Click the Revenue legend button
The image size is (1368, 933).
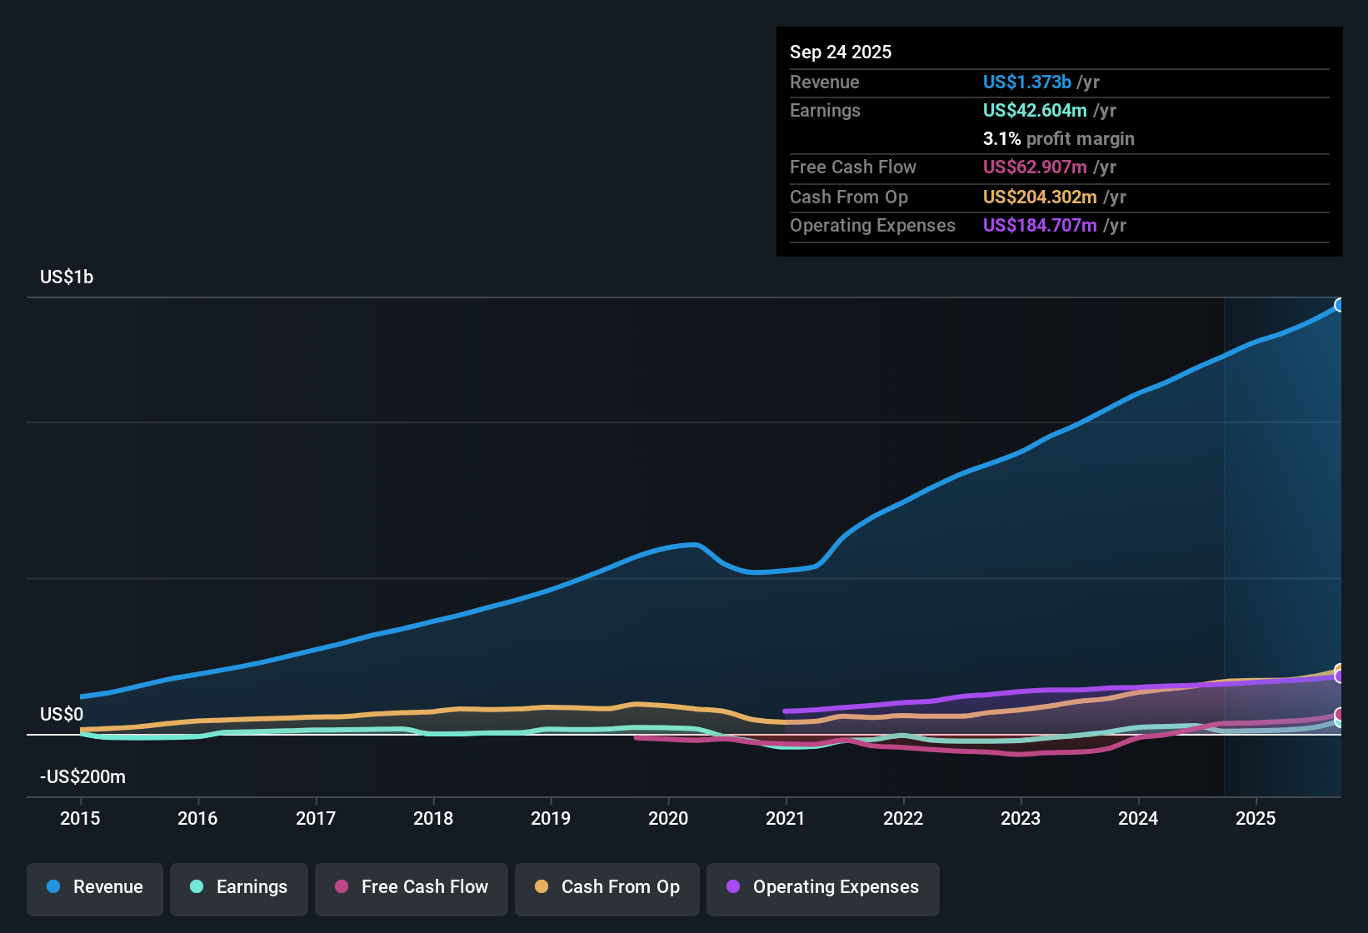coord(95,887)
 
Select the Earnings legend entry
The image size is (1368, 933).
coord(239,887)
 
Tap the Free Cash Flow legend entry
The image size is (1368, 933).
coord(412,887)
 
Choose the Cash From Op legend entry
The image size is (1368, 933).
coord(607,887)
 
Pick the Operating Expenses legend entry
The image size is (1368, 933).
coord(823,887)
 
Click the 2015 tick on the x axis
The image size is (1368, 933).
coord(80,818)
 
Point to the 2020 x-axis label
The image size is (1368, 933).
coord(668,818)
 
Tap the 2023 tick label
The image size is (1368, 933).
coord(1021,818)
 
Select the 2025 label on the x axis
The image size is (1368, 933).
coord(1256,818)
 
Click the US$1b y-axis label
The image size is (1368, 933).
coord(67,277)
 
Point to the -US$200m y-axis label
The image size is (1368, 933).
coord(82,777)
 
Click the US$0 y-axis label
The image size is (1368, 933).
coord(62,715)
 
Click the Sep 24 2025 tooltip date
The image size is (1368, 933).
coord(840,52)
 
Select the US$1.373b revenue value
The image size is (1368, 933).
coord(1026,82)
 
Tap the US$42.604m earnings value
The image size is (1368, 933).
coord(1034,111)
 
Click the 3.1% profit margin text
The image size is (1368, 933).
coord(1058,139)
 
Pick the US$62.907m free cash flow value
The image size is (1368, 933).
coord(1034,167)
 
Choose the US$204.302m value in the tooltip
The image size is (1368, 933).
coord(1039,197)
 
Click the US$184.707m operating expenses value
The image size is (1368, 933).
coord(1039,226)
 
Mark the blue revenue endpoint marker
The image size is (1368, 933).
coord(1339,305)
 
